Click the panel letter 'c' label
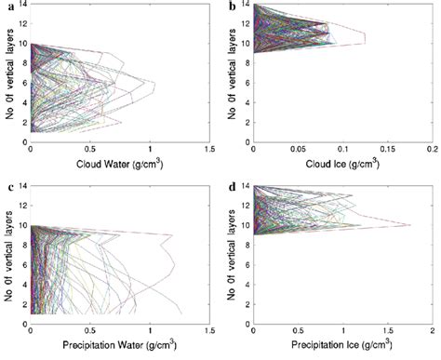10,190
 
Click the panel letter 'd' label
233,190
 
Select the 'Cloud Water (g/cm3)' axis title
120,168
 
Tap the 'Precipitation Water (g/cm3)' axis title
120,349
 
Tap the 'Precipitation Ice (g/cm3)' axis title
343,349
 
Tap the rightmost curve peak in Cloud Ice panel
365,38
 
